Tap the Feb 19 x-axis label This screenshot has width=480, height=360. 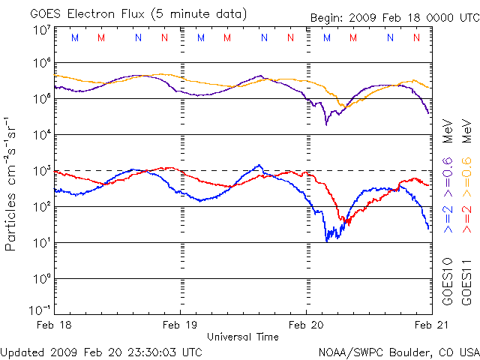180,324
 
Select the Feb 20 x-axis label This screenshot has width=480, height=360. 307,324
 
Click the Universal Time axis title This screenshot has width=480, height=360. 242,337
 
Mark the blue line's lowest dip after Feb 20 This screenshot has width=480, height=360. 327,240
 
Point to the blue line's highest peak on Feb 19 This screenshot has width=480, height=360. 259,165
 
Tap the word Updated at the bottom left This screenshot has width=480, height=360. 22,351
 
